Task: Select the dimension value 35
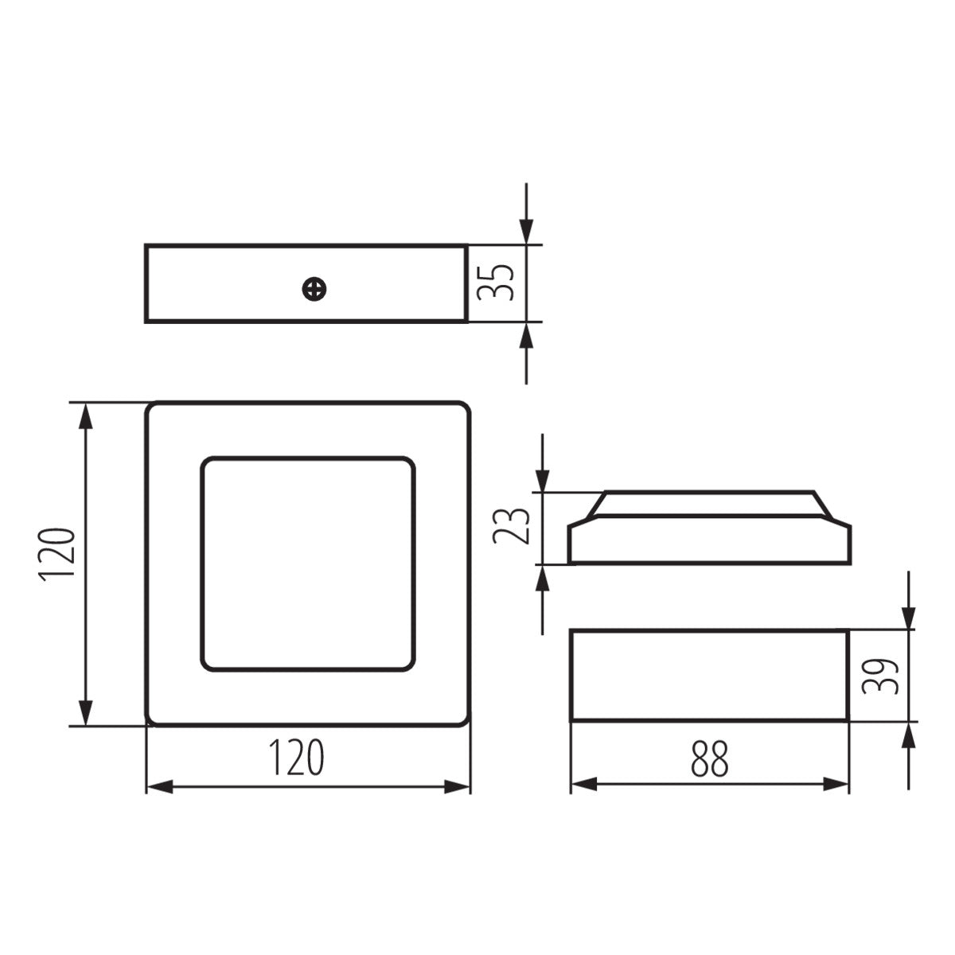(495, 283)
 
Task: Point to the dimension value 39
(882, 676)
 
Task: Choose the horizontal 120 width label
(295, 758)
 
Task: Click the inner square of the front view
(307, 563)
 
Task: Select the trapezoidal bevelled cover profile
(709, 528)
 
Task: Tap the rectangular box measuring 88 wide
(709, 675)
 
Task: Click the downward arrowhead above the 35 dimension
(526, 231)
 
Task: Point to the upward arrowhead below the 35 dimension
(526, 336)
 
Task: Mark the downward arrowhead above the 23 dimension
(542, 479)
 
